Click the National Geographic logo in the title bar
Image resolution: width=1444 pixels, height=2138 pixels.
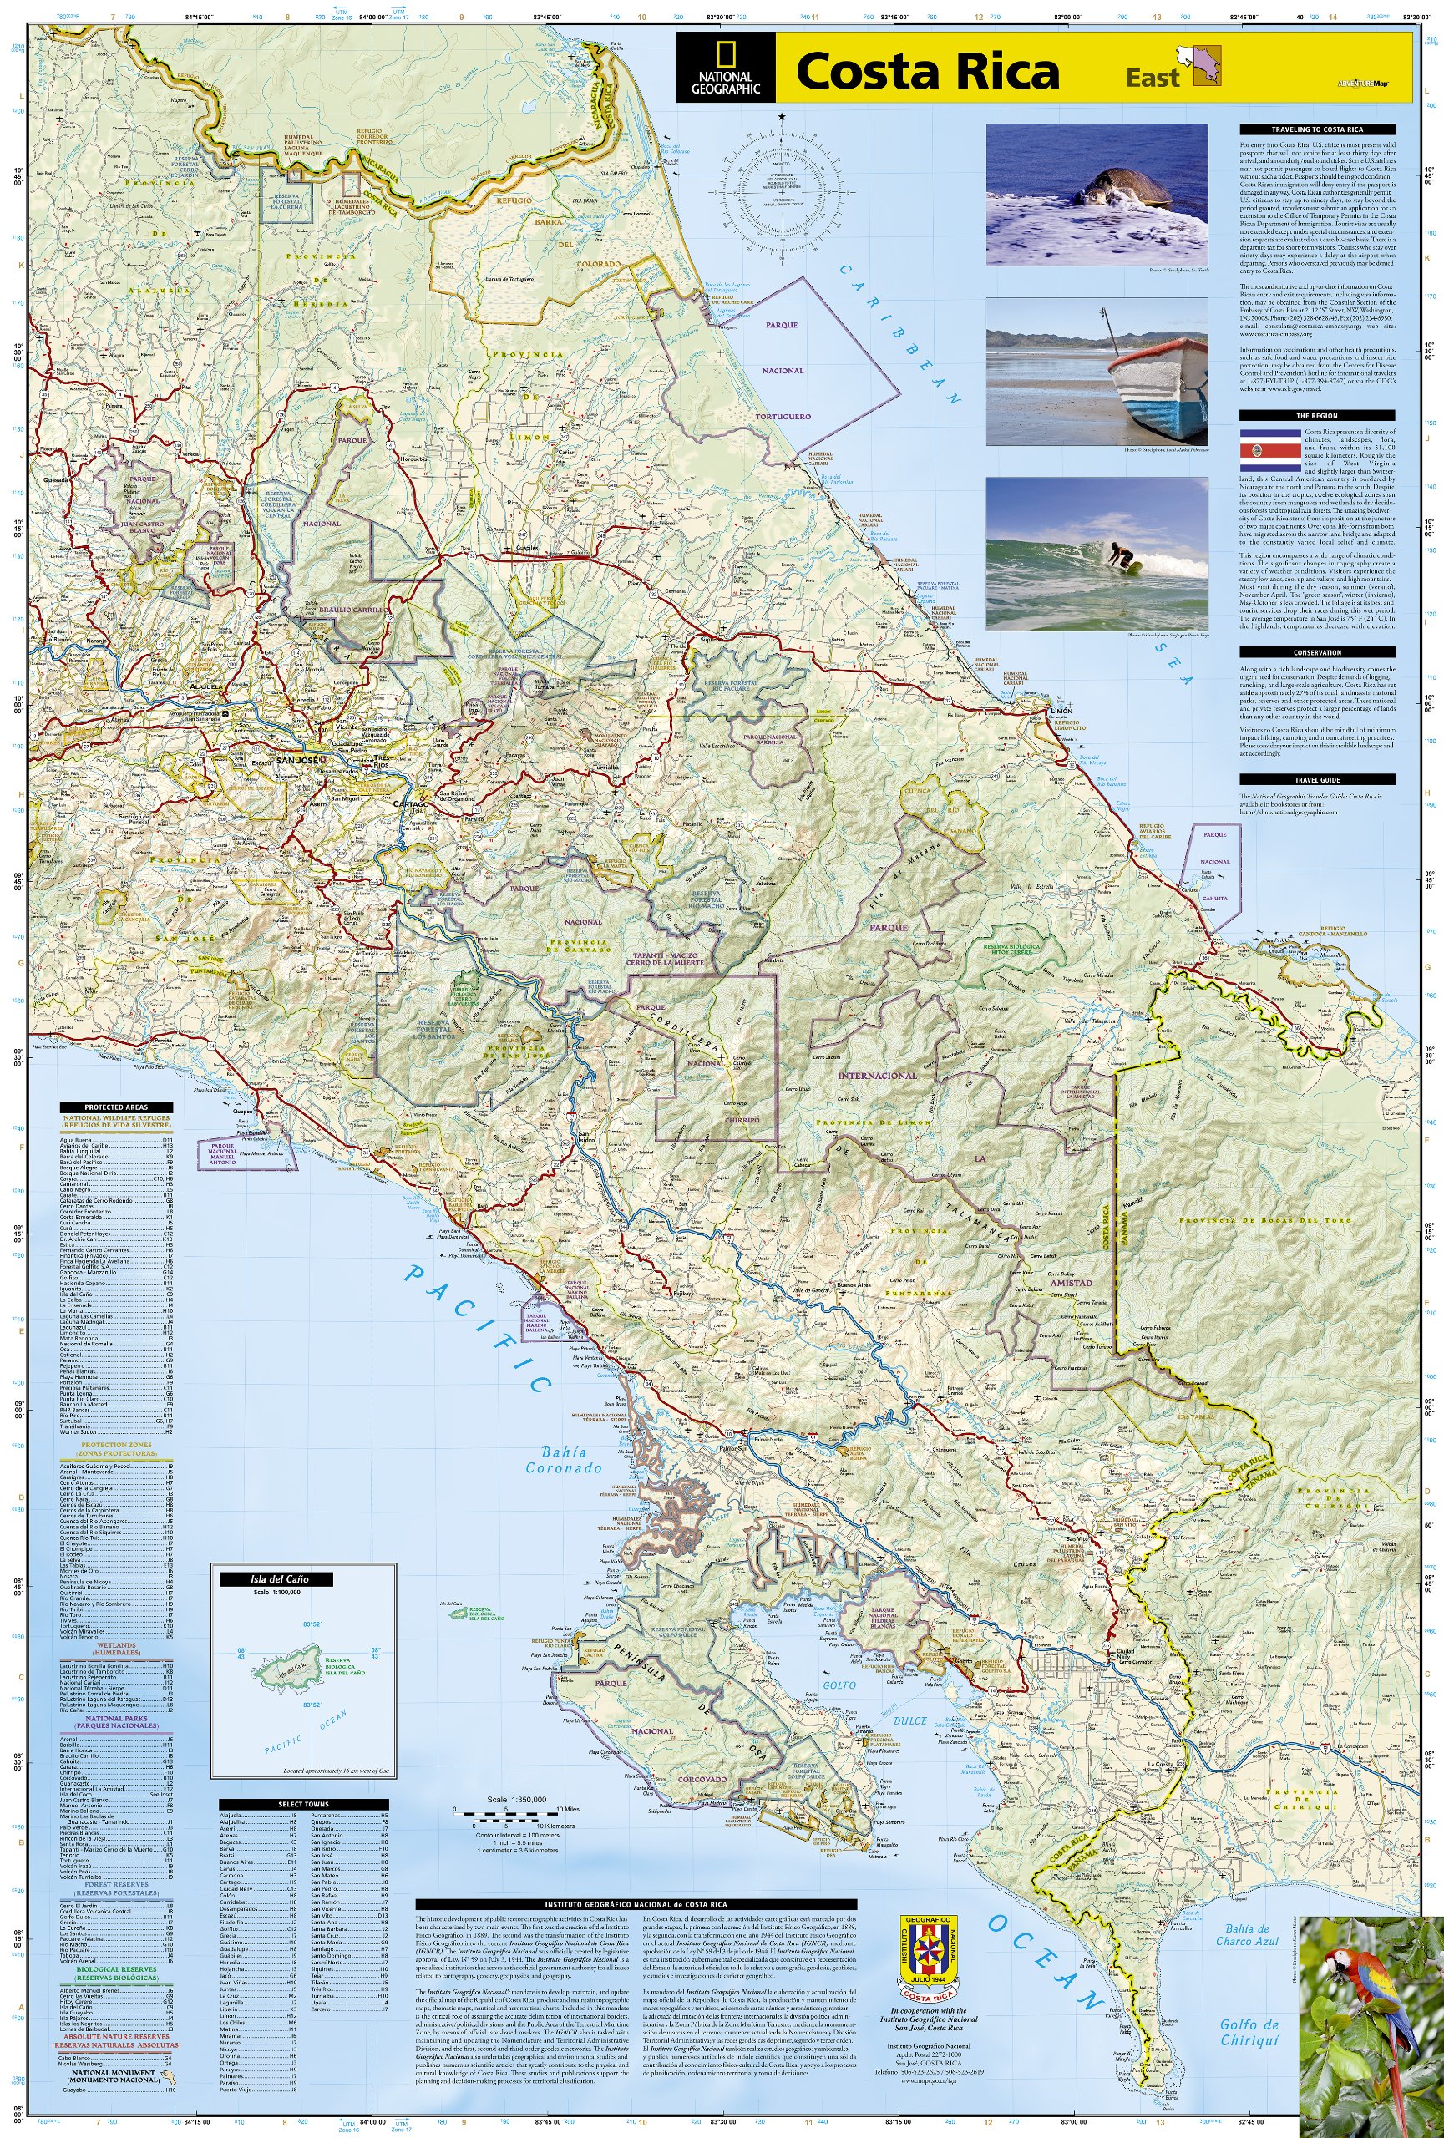click(x=726, y=68)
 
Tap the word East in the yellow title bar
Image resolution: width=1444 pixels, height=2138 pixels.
click(x=1152, y=79)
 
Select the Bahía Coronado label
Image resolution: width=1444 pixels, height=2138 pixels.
click(x=564, y=1460)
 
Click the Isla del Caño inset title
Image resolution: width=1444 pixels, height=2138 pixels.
click(x=276, y=1579)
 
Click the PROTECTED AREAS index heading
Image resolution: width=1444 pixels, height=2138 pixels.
click(x=116, y=1107)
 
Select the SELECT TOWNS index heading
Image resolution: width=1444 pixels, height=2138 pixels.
click(x=303, y=1804)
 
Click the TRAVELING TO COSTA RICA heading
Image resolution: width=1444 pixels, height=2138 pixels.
click(x=1316, y=129)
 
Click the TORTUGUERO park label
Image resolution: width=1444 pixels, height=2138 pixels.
click(x=783, y=416)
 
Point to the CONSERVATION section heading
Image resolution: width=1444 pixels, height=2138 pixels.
click(x=1316, y=652)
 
